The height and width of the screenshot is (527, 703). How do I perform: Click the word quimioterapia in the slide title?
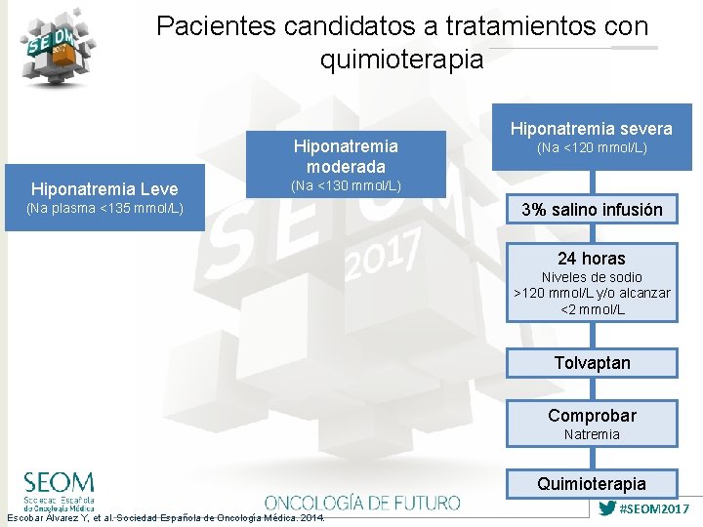pos(401,60)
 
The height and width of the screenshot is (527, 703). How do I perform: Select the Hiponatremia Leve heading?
pos(104,188)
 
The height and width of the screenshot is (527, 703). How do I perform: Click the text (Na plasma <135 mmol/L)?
pos(104,208)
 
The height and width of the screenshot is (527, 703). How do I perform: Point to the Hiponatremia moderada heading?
pos(346,156)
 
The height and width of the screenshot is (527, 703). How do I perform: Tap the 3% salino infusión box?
pos(592,209)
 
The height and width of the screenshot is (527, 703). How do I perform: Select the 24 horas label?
pos(592,259)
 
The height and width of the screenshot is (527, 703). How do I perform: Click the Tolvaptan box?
pos(592,363)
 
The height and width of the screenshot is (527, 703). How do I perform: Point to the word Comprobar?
pos(592,415)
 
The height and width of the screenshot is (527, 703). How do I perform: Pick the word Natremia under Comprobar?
pos(592,434)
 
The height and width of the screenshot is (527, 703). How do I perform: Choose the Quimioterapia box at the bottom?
pos(592,484)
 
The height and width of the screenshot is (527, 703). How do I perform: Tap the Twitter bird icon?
pos(606,508)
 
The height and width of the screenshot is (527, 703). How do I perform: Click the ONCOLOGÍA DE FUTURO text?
pos(362,503)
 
